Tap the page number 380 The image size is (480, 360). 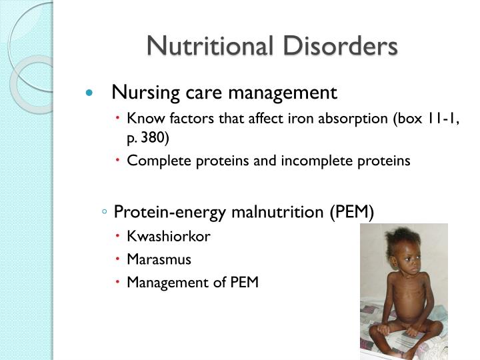click(157, 138)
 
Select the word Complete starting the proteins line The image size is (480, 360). click(152, 161)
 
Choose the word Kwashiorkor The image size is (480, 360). click(169, 237)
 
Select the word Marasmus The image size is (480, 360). click(159, 259)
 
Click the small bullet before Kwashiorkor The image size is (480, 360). click(118, 237)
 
